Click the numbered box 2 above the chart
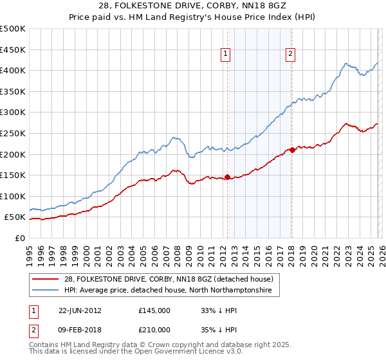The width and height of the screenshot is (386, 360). tap(291, 55)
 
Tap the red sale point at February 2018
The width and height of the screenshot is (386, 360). tap(291, 150)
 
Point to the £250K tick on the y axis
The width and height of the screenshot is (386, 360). tap(14, 133)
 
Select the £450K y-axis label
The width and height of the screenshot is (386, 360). tap(14, 50)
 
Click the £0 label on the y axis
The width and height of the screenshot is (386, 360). tap(19, 238)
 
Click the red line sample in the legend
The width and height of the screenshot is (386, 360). tap(47, 279)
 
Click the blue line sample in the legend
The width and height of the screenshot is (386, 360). tap(47, 291)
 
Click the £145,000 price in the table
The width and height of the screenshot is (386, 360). tap(154, 310)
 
